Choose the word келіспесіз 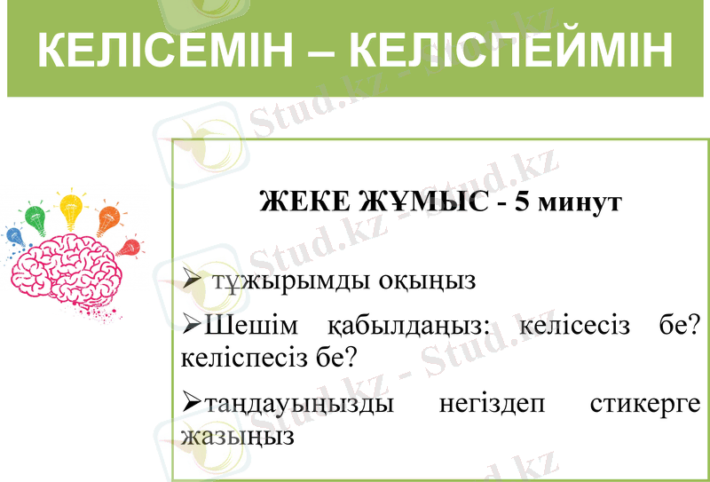pos(240,358)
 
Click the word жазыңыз pos(236,436)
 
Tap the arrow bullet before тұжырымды pos(193,281)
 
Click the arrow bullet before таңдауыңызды pos(192,404)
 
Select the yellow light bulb pos(71,210)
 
